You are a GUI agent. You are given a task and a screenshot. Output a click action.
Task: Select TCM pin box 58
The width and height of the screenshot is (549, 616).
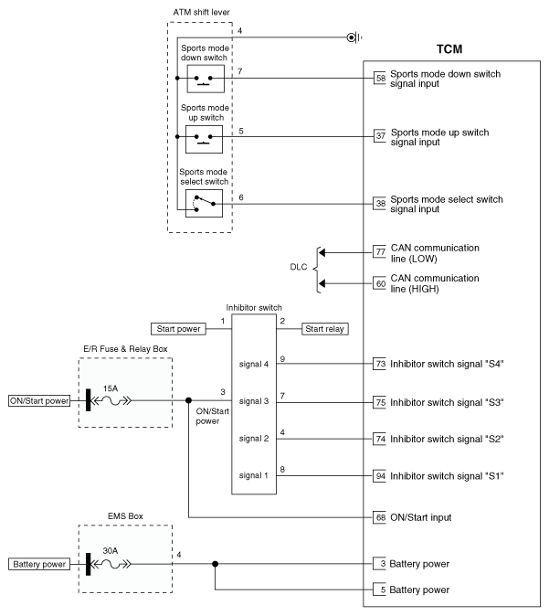pyautogui.click(x=380, y=80)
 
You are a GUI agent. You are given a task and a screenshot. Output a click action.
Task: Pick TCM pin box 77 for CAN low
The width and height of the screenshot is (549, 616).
pyautogui.click(x=380, y=251)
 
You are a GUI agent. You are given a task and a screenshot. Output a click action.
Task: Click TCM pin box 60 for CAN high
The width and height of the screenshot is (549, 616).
pyautogui.click(x=380, y=282)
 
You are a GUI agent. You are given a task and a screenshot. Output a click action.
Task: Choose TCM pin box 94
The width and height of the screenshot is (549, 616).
pyautogui.click(x=380, y=475)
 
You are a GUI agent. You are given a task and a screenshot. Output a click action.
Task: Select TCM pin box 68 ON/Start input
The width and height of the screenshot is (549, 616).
pyautogui.click(x=380, y=517)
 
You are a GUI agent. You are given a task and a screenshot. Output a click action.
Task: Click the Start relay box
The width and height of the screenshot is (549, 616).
pyautogui.click(x=326, y=329)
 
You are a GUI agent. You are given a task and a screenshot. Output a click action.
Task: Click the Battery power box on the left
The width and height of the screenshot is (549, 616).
pyautogui.click(x=38, y=564)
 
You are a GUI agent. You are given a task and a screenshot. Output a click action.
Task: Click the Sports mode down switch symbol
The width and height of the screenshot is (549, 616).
pyautogui.click(x=204, y=80)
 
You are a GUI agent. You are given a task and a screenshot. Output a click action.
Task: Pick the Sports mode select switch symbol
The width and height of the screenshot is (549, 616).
pyautogui.click(x=204, y=202)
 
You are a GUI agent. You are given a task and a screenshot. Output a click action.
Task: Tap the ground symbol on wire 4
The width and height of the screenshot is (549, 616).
pyautogui.click(x=352, y=37)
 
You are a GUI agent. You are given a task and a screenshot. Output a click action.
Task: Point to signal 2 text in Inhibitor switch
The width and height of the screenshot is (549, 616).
pyautogui.click(x=255, y=439)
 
